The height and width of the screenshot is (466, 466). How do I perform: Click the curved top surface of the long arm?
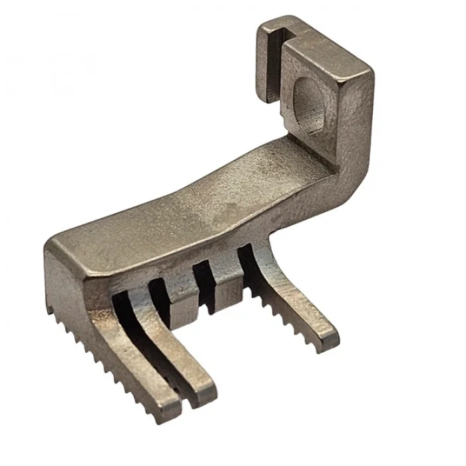click(200, 193)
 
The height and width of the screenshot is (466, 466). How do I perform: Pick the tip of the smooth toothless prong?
click(203, 386)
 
